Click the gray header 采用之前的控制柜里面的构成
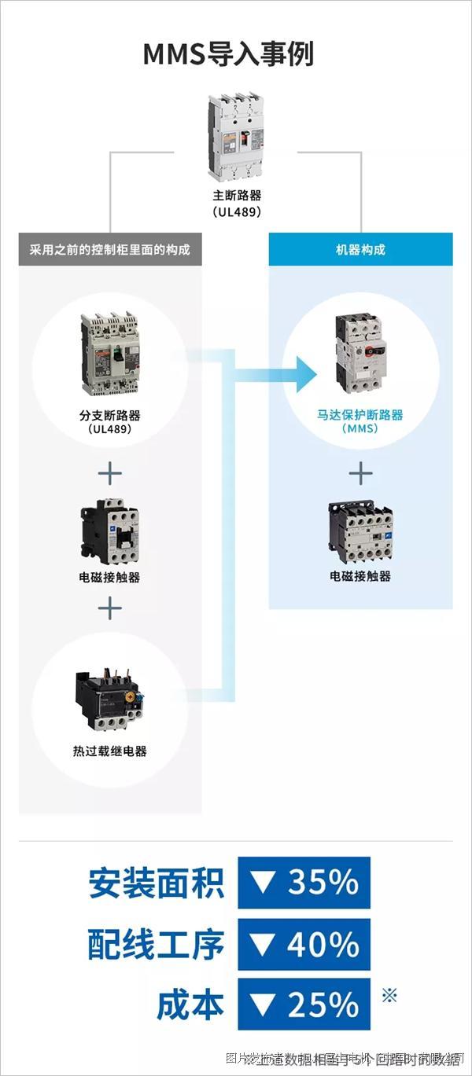pyautogui.click(x=110, y=250)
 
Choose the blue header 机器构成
pyautogui.click(x=360, y=250)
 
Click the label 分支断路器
pyautogui.click(x=110, y=415)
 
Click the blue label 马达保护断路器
pyautogui.click(x=360, y=414)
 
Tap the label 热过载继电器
pyautogui.click(x=110, y=751)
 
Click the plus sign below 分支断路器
pyautogui.click(x=110, y=473)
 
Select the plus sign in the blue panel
pyautogui.click(x=360, y=473)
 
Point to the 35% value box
pyautogui.click(x=304, y=883)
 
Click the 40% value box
pyautogui.click(x=304, y=944)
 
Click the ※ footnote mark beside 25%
pyautogui.click(x=389, y=996)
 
